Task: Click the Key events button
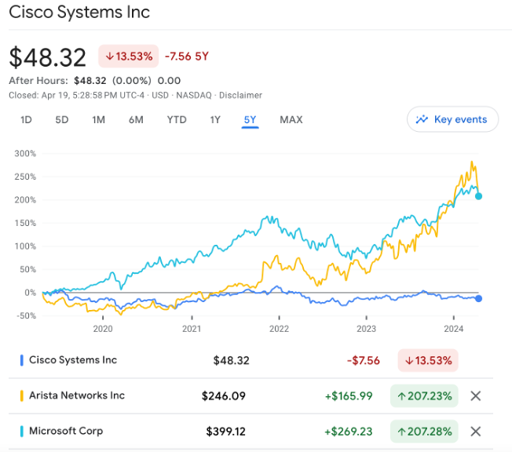452,119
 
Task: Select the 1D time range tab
26,120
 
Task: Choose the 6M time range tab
136,120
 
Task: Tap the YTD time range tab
177,120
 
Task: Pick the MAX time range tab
291,120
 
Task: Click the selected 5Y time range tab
250,120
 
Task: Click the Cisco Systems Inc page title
79,13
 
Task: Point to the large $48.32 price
47,57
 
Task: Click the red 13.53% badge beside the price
128,56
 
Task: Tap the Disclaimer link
240,95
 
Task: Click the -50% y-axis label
26,316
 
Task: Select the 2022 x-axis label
280,329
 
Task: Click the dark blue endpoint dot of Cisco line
478,298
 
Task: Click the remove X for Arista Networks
475,395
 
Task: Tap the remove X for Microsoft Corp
475,432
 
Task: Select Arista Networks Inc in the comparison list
77,395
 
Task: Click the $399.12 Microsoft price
228,432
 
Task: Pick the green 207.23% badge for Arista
424,395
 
